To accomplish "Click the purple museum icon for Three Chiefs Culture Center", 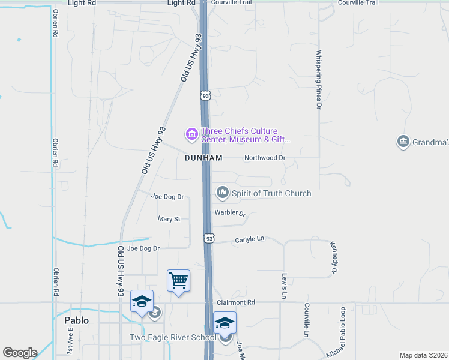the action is click(x=191, y=134).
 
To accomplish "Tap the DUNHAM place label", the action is click(x=203, y=158).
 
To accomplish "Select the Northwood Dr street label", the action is click(x=264, y=158).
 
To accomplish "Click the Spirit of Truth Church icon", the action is click(x=223, y=193).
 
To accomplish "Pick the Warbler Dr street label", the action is click(x=231, y=213).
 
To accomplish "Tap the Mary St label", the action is click(x=169, y=220).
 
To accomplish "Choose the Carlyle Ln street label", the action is click(x=250, y=239).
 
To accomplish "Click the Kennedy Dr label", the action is click(x=333, y=258).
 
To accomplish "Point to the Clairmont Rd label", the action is click(x=236, y=302).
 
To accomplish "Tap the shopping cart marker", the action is click(x=178, y=280).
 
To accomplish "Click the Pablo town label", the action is click(x=76, y=320).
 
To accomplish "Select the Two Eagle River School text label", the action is click(x=173, y=337).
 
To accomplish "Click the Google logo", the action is click(x=20, y=353).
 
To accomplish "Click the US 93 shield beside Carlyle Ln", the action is click(x=208, y=238).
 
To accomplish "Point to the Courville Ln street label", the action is click(x=306, y=319).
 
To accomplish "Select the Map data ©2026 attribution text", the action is click(x=423, y=355).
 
